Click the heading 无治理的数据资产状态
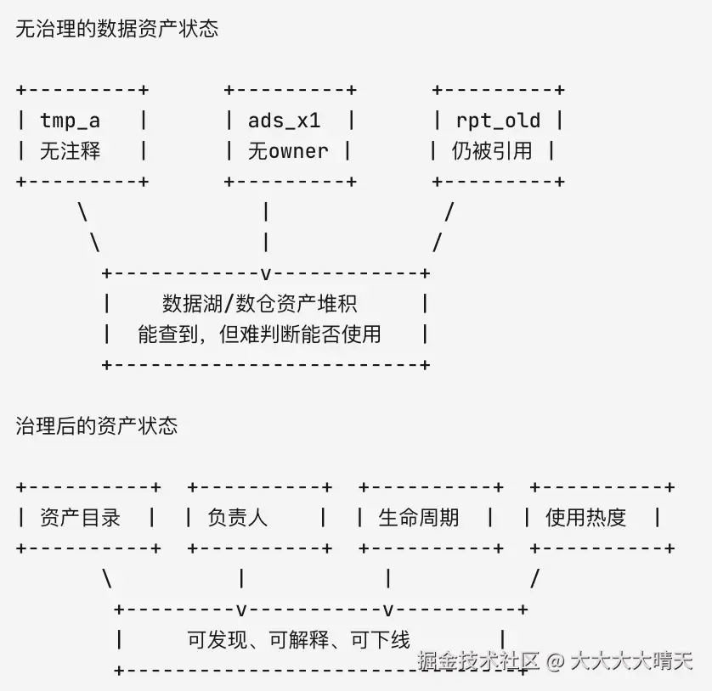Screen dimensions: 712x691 (x=116, y=29)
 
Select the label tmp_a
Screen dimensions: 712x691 (x=70, y=121)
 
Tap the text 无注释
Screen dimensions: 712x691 (x=70, y=151)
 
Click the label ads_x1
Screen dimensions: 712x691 (x=285, y=121)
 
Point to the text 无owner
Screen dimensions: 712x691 (x=288, y=151)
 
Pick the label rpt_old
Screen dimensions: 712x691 (x=498, y=121)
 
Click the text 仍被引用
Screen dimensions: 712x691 (x=492, y=151)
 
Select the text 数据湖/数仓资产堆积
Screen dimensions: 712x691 (x=260, y=304)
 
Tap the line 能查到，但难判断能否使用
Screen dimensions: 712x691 (x=259, y=334)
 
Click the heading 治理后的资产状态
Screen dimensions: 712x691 (x=96, y=426)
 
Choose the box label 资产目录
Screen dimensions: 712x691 (x=80, y=518)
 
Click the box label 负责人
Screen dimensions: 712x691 (x=238, y=518)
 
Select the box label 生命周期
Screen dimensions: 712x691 (x=418, y=518)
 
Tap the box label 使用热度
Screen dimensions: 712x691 (x=585, y=518)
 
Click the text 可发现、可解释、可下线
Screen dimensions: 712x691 (x=298, y=640)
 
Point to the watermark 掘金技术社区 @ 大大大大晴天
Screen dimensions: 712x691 (x=555, y=660)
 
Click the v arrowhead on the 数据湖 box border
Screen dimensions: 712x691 (x=266, y=273)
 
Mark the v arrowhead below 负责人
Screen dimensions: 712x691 (x=241, y=610)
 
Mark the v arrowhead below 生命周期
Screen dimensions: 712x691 (x=387, y=610)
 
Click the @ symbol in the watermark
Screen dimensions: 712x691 (x=555, y=661)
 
